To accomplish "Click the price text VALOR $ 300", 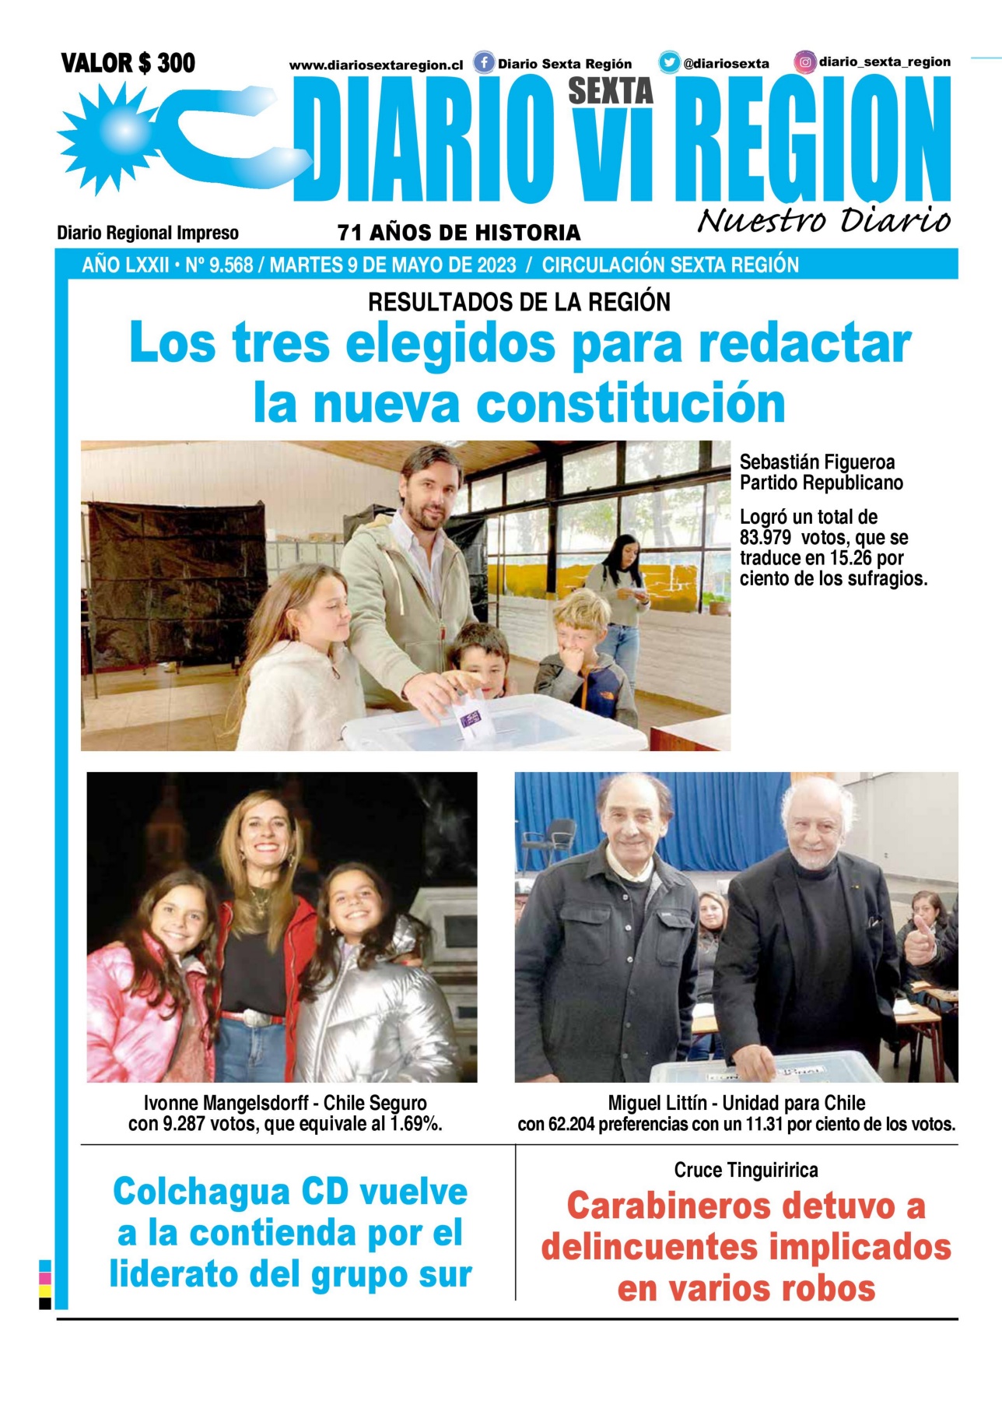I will pyautogui.click(x=128, y=63).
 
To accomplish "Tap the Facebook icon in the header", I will pyautogui.click(x=484, y=62).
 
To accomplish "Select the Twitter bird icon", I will pyautogui.click(x=669, y=62).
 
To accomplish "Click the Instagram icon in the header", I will pyautogui.click(x=805, y=61).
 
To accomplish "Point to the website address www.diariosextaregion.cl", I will pyautogui.click(x=376, y=65).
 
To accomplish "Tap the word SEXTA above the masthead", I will pyautogui.click(x=610, y=91).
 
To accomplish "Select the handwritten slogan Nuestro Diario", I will pyautogui.click(x=823, y=221).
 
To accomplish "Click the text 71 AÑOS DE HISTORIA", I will pyautogui.click(x=459, y=233).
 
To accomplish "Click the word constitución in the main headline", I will pyautogui.click(x=630, y=403).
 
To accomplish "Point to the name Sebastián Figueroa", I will pyautogui.click(x=817, y=462).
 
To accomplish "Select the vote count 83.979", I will pyautogui.click(x=766, y=538).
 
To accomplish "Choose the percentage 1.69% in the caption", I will pyautogui.click(x=416, y=1124).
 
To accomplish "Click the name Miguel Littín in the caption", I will pyautogui.click(x=657, y=1103).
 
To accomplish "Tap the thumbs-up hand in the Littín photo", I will pyautogui.click(x=920, y=939).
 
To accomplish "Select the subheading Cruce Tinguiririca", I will pyautogui.click(x=745, y=1170).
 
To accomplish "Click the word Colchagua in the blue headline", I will pyautogui.click(x=200, y=1192).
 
